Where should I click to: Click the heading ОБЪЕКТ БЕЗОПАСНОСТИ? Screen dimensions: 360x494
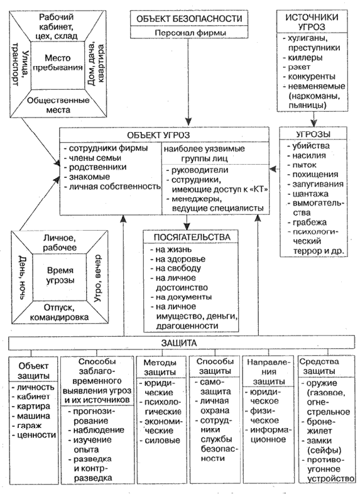coord(189,19)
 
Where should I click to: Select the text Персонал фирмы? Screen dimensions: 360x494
coord(190,33)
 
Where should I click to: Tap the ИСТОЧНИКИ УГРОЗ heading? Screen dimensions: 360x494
coord(312,22)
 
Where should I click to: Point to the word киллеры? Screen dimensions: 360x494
coord(305,58)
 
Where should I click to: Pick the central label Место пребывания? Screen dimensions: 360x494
coord(58,63)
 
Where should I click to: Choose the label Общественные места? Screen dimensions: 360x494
coord(58,105)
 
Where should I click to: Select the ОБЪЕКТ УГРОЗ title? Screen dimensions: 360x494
coord(158,135)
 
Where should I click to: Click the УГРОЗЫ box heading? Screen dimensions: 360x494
coord(314,134)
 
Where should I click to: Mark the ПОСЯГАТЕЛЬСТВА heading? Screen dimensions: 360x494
coord(192,237)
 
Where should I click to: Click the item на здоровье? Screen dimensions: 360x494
coord(180,259)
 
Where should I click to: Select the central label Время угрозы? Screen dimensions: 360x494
coord(60,275)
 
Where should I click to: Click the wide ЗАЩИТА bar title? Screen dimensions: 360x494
coord(179,343)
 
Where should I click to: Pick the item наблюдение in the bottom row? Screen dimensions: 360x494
coord(99,430)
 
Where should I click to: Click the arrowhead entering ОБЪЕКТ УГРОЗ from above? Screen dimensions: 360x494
coord(188,121)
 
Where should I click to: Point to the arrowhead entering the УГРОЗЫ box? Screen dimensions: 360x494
coord(314,123)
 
